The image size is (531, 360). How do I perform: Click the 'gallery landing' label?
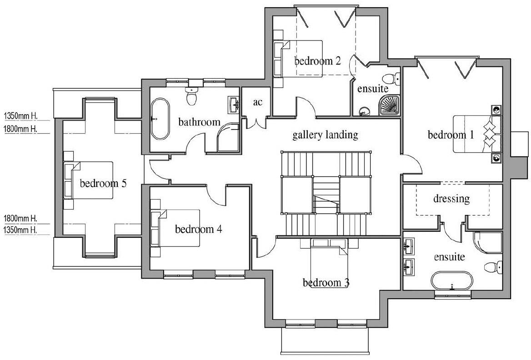coord(325,135)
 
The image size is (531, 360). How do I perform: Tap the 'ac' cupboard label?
coord(258,103)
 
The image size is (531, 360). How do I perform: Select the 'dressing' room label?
coord(451,199)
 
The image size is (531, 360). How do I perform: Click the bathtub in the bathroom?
coord(160,120)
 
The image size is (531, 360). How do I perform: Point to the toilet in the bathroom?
coord(191,95)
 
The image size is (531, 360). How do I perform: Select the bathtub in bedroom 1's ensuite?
coord(452,281)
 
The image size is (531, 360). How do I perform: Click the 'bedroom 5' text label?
coord(103,184)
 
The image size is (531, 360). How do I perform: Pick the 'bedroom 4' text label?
coord(198,230)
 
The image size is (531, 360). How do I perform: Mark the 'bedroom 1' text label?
coord(451,135)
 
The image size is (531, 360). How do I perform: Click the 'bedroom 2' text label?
coord(317,61)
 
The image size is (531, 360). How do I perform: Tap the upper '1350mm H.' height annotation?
coord(20,116)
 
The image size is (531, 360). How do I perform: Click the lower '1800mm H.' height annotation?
coord(20,219)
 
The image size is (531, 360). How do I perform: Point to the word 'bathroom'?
coord(199,122)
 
